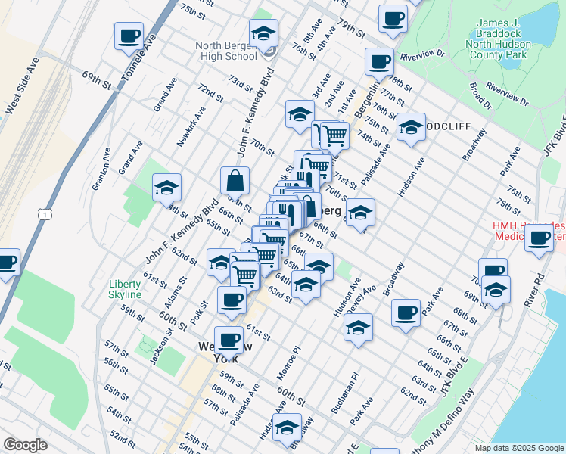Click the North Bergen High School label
225,51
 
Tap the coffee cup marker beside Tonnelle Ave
129,35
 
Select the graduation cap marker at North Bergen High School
263,33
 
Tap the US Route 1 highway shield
47,215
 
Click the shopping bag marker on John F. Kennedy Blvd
235,181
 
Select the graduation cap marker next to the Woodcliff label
411,127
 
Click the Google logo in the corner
25,445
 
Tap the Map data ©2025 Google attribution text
518,448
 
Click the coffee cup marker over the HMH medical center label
540,238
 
